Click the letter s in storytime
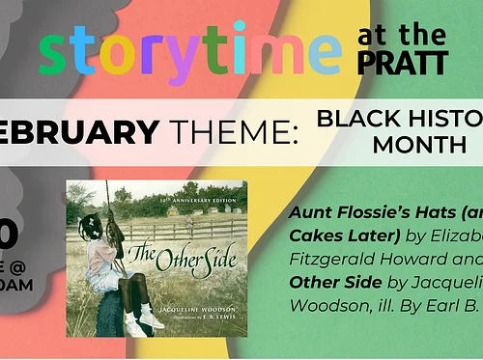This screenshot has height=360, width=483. click(x=53, y=57)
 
